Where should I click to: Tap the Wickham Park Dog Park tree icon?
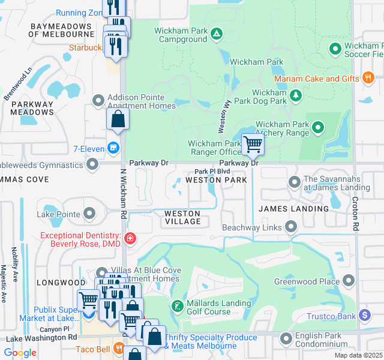click(x=295, y=95)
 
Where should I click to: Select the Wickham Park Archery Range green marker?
click(x=317, y=127)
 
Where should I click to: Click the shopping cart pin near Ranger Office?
click(x=253, y=144)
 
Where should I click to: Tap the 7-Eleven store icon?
click(x=113, y=148)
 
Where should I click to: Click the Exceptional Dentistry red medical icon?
click(x=129, y=239)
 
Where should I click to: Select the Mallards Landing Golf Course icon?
click(x=178, y=307)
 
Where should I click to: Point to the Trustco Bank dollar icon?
click(x=365, y=316)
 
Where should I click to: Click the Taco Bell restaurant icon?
click(x=119, y=348)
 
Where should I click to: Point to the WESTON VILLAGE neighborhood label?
click(x=182, y=217)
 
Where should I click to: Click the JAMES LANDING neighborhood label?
click(x=293, y=209)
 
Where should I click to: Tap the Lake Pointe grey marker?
click(x=89, y=213)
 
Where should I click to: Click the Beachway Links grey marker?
click(x=291, y=226)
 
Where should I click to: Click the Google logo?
click(x=20, y=353)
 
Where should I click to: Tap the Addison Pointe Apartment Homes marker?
click(x=98, y=100)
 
